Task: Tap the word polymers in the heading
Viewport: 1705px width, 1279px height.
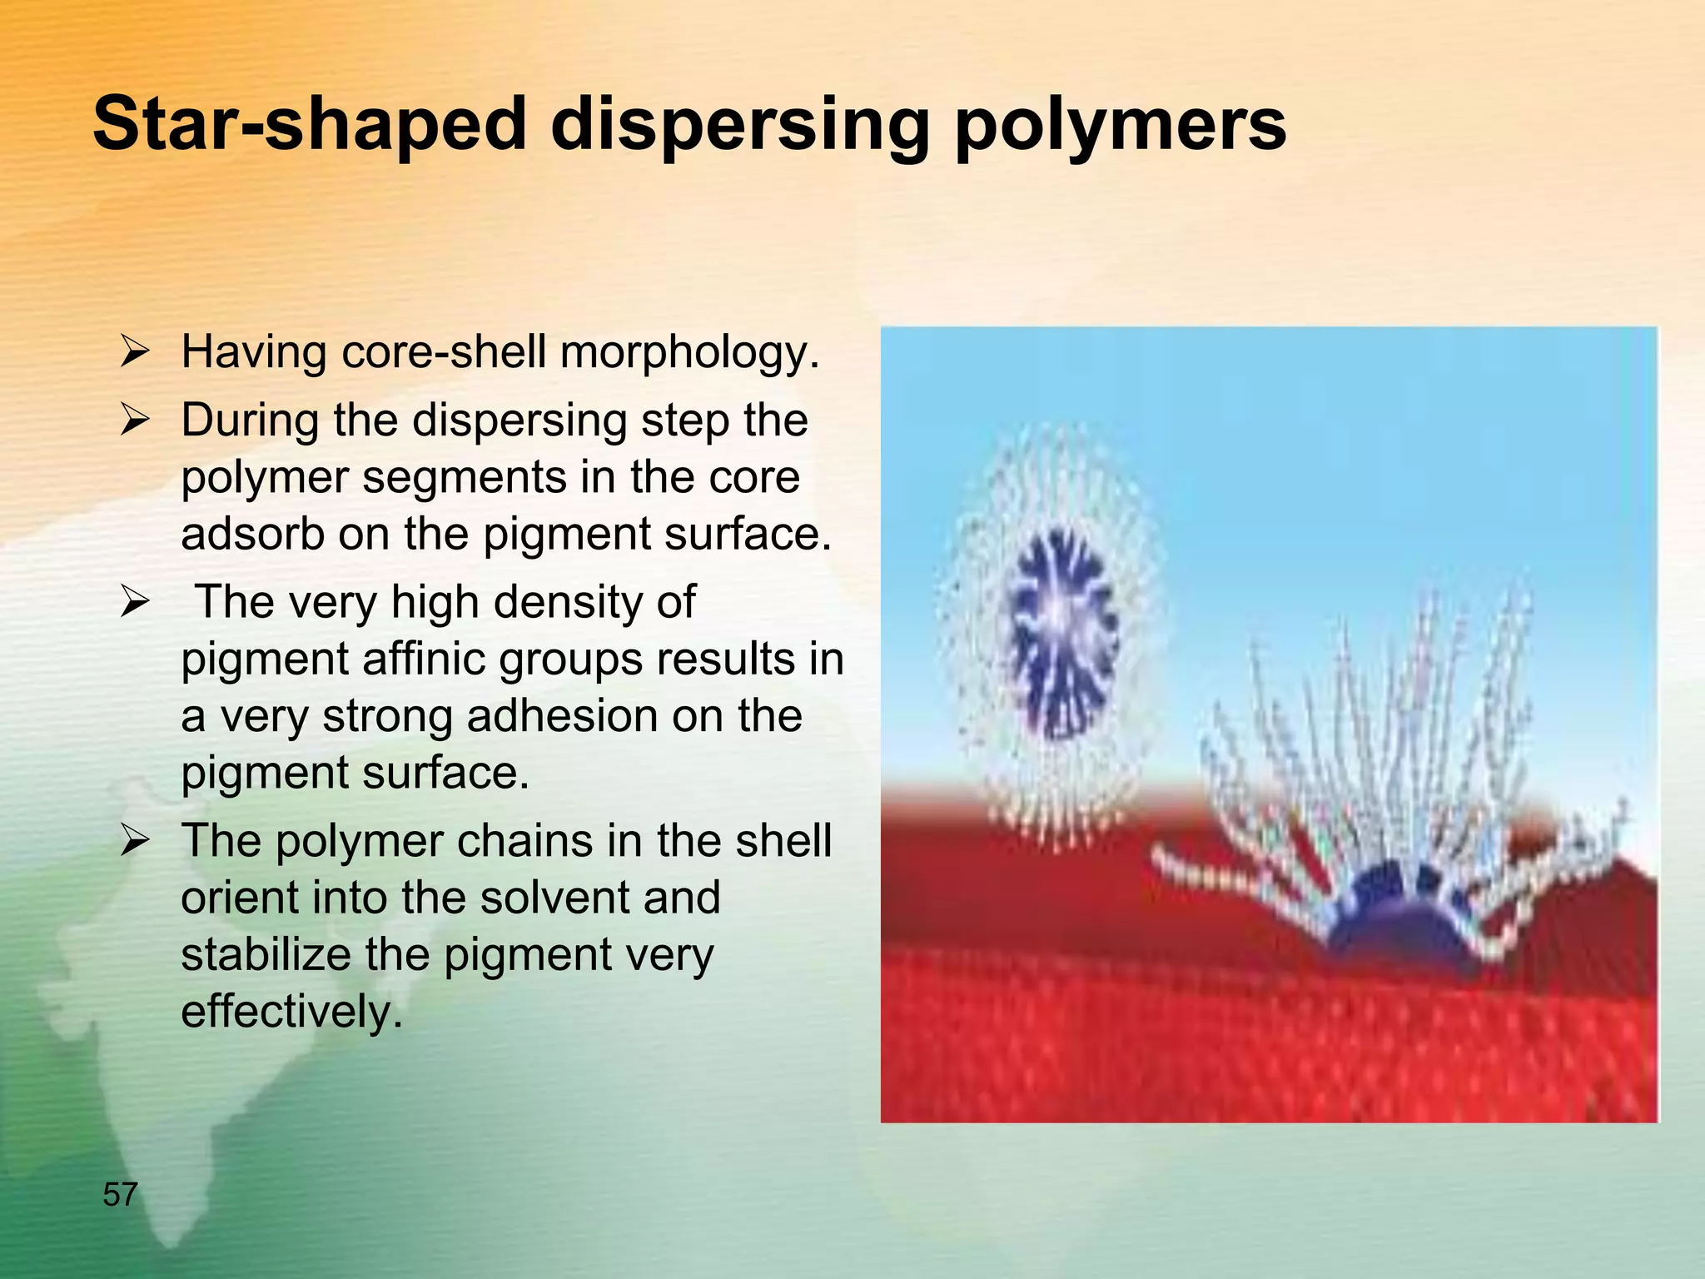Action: (x=1120, y=125)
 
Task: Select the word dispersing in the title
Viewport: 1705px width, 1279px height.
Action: (x=739, y=125)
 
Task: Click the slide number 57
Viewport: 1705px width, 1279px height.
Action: (x=120, y=1195)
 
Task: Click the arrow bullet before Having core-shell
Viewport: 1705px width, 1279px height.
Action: (x=134, y=351)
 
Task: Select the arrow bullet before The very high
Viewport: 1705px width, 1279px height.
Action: (x=134, y=601)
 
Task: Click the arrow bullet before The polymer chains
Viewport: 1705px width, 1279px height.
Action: (x=134, y=840)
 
